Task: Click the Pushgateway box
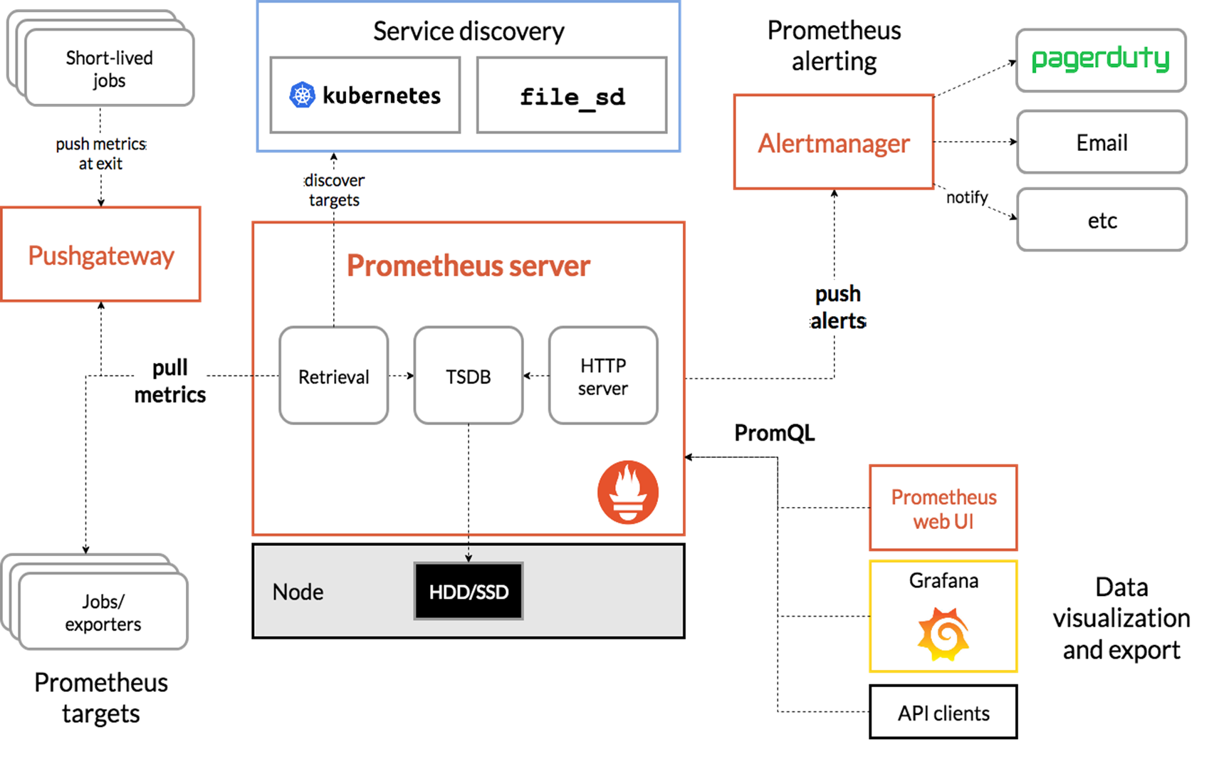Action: coord(100,255)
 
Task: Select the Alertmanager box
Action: coord(833,142)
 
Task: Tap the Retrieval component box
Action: coord(333,376)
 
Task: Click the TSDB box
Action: coord(468,376)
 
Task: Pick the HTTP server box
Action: coord(602,376)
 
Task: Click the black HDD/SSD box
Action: coord(468,591)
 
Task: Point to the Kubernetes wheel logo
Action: coord(302,95)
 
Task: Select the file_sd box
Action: coord(572,95)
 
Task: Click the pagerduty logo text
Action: coord(1100,59)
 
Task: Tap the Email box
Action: coord(1102,142)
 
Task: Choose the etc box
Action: coord(1102,220)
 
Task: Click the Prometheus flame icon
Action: coord(627,492)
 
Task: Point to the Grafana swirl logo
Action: coord(943,633)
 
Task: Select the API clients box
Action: coord(943,712)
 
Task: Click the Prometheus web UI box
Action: coord(943,508)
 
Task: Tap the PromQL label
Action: coord(774,433)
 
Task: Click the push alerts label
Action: coord(838,308)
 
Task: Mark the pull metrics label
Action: coord(169,381)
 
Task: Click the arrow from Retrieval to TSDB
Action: coord(401,375)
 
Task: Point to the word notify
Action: coord(966,197)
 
